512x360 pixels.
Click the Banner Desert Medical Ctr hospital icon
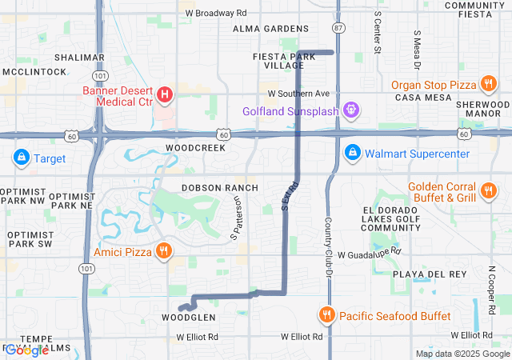pos(165,96)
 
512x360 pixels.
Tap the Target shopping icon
pos(21,158)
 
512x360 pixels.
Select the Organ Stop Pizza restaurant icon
pos(488,84)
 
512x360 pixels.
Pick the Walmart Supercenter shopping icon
pos(351,152)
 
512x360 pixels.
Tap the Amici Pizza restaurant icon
pos(164,251)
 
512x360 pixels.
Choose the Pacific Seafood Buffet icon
pos(326,315)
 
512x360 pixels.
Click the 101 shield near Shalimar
pos(96,75)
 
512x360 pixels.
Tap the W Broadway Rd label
pos(216,14)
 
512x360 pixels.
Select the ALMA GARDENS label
pos(265,29)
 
